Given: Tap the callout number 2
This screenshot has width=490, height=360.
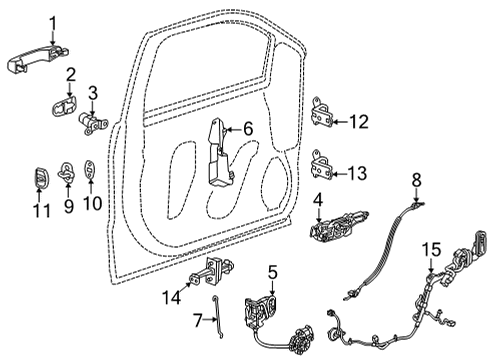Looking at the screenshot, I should pyautogui.click(x=71, y=76).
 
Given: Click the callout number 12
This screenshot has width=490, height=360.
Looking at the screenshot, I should pyautogui.click(x=358, y=121).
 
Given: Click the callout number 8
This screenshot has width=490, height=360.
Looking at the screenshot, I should pyautogui.click(x=418, y=179).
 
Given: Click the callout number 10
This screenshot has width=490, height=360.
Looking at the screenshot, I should pyautogui.click(x=93, y=204).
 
